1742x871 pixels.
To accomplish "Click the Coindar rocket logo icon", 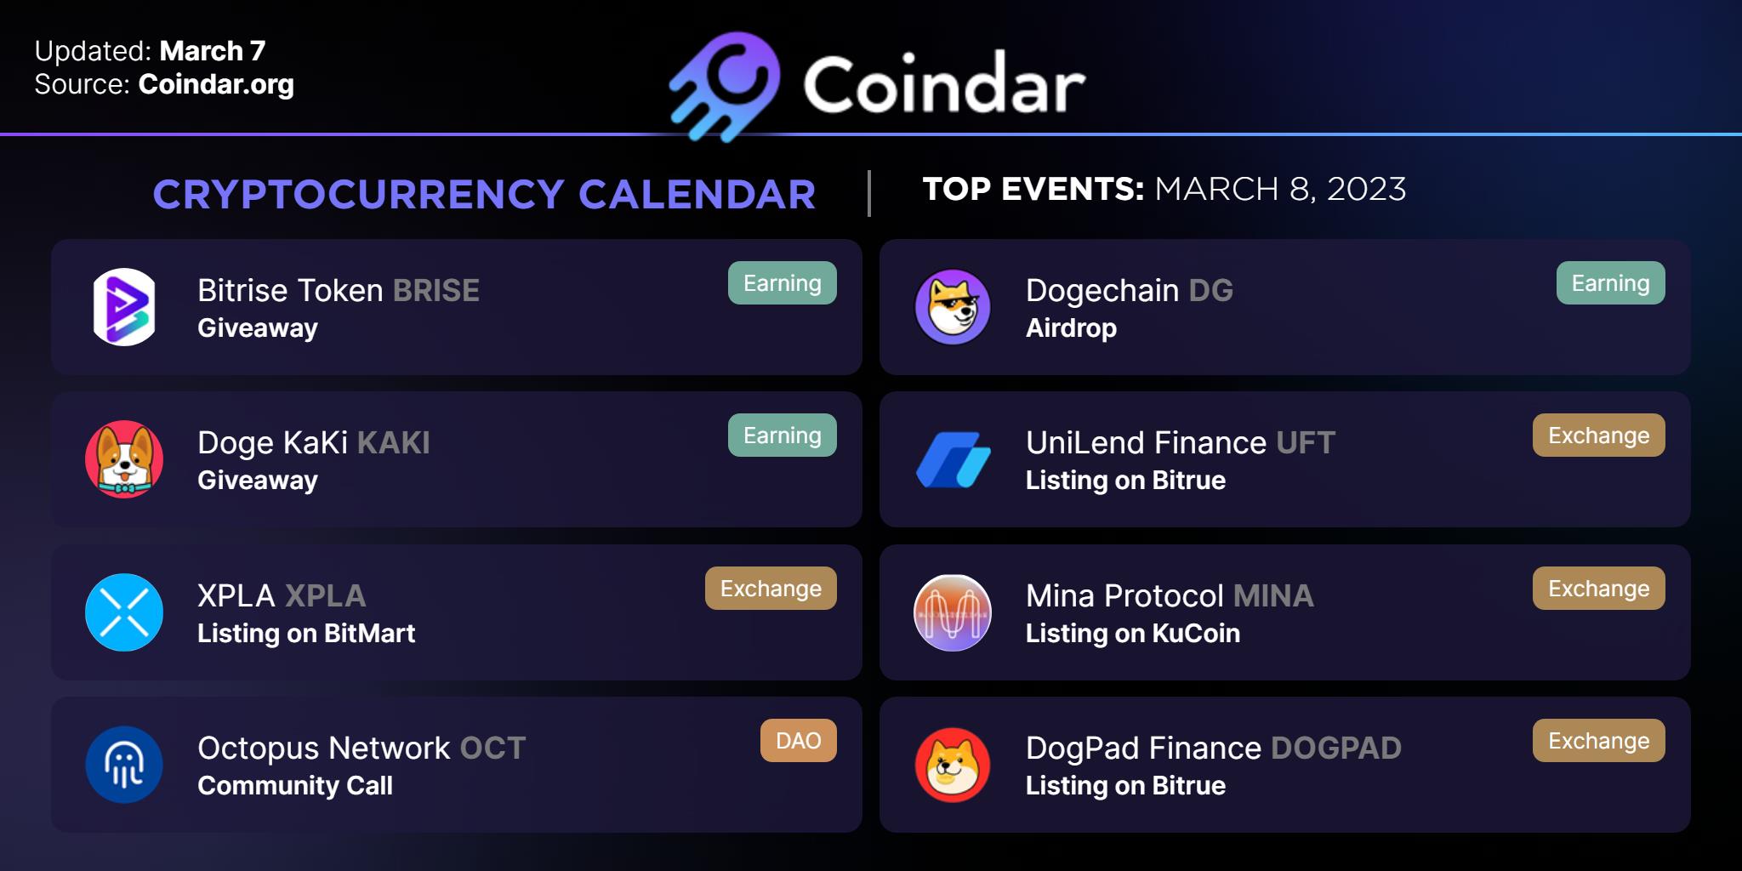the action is [x=725, y=86].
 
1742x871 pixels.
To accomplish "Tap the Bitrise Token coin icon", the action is [x=124, y=307].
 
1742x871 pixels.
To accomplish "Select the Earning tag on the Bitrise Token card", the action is [x=783, y=283].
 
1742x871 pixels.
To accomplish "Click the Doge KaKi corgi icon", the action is [x=124, y=459].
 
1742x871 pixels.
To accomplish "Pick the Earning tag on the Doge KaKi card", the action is [x=783, y=435].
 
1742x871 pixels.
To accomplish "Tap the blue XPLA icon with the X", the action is [x=124, y=612].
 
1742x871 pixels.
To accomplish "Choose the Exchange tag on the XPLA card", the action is [x=771, y=589].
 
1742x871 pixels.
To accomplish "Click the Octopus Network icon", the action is [x=124, y=765].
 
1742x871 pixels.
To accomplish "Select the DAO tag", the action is [x=799, y=741].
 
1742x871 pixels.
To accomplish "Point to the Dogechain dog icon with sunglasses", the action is [x=953, y=307].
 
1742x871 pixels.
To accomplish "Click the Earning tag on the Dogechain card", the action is [x=1611, y=283].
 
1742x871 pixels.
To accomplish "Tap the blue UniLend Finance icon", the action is [x=953, y=459].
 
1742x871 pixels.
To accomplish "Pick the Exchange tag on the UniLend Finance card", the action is [x=1599, y=435].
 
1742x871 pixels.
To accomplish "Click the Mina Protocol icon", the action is [x=953, y=612].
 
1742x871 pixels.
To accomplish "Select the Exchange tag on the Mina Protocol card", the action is [x=1599, y=589].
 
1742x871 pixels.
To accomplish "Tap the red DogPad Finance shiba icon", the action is [x=953, y=765].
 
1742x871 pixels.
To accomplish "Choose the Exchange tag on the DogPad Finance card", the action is [x=1599, y=741].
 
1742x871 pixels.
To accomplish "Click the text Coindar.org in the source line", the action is [x=216, y=84].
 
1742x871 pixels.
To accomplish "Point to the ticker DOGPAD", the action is [x=1336, y=749].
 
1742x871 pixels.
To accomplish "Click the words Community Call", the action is [x=295, y=786].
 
